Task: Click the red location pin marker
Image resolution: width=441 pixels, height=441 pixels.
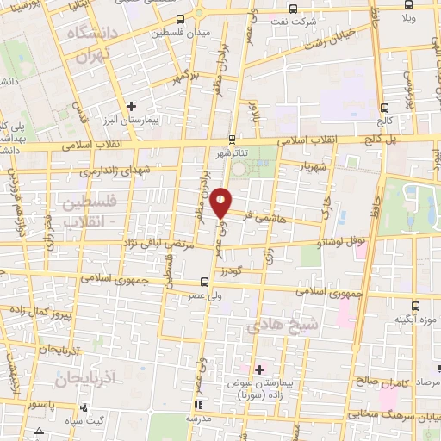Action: [221, 202]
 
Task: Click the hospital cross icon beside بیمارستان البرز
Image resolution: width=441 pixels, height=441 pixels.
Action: [130, 106]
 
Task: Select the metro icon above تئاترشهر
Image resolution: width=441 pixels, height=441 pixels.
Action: [232, 138]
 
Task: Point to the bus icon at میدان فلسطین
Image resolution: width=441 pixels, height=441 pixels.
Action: [179, 19]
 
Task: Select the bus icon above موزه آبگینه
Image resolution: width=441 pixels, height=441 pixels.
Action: [417, 304]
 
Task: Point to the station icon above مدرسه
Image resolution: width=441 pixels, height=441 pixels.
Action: [197, 403]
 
